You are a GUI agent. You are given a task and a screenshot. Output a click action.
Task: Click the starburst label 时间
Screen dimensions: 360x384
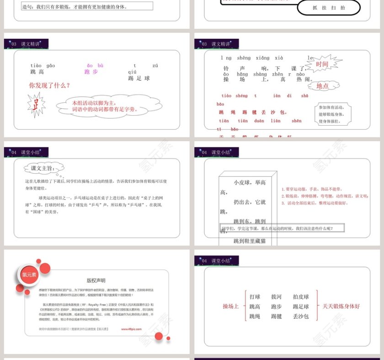[x=322, y=64]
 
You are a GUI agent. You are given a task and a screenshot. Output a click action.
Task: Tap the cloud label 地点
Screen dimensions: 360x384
[x=322, y=86]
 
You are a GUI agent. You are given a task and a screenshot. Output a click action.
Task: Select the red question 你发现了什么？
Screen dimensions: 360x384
[x=50, y=85]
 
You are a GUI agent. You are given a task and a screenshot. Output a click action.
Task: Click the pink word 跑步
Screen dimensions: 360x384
[x=91, y=72]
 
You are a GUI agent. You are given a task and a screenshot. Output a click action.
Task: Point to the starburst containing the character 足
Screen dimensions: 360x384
[x=36, y=105]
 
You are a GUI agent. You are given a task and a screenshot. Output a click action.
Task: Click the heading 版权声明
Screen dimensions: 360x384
[x=96, y=281]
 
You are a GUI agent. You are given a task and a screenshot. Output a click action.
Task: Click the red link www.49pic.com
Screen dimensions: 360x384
[x=131, y=328]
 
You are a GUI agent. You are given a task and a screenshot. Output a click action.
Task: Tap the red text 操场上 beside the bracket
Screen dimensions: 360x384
[x=230, y=306]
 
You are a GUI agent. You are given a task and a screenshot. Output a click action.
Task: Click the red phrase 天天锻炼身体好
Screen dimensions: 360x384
[x=341, y=306]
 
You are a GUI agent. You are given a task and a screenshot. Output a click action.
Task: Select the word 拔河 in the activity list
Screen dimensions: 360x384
[x=277, y=297]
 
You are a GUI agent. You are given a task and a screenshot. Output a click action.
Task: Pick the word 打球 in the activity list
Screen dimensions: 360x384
[x=255, y=297]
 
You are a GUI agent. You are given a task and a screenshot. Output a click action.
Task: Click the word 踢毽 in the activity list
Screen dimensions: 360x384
[x=277, y=316]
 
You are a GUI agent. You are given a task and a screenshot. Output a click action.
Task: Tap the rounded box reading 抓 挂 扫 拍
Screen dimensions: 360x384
[x=329, y=8]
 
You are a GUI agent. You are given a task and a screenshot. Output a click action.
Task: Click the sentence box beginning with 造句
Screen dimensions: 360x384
[x=87, y=6]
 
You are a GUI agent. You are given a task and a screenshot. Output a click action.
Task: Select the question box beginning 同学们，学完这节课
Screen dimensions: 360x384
[x=282, y=228]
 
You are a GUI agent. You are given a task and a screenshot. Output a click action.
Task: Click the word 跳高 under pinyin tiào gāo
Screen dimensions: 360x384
[x=37, y=72]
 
